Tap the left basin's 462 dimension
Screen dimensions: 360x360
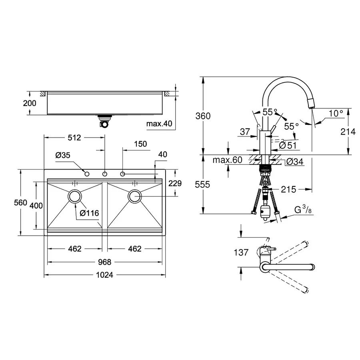(x=75, y=249)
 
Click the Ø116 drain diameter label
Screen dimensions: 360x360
(x=90, y=213)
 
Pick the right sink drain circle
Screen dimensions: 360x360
(x=134, y=196)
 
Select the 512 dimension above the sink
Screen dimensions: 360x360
(x=75, y=138)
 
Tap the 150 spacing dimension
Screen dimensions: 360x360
(x=141, y=144)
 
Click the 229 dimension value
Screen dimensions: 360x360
(x=175, y=184)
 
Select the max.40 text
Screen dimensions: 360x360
(x=159, y=124)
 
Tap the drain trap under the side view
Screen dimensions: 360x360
(x=105, y=121)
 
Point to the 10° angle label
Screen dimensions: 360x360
(x=336, y=113)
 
